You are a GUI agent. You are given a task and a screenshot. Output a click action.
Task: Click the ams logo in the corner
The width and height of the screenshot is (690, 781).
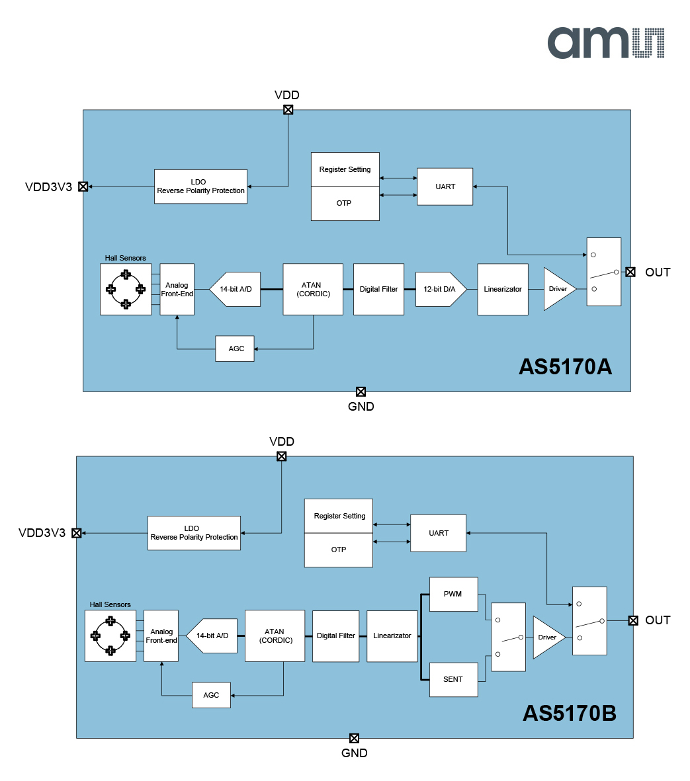605,43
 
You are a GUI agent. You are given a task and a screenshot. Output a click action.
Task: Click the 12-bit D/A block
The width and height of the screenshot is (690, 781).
440,289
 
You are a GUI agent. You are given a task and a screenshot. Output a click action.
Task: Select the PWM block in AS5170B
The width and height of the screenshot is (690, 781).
453,594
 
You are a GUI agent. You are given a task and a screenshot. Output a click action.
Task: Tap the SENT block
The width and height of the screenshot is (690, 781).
453,679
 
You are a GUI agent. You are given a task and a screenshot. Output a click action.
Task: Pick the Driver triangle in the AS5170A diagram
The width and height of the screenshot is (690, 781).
557,289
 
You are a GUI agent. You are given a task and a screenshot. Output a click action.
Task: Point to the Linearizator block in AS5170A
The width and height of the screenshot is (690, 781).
503,289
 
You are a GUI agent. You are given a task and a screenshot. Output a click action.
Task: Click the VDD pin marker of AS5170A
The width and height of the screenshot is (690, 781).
288,110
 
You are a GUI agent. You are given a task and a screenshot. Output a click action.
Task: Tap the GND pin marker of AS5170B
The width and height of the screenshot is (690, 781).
354,738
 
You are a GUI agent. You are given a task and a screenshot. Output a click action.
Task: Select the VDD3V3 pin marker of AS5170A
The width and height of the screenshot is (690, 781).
83,186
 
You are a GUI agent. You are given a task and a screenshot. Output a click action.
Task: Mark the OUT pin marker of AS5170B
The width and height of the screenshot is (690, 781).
633,620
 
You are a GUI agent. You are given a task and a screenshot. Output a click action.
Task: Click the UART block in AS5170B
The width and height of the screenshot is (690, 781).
439,533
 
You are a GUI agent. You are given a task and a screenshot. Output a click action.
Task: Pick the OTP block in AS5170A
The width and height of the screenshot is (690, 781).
345,204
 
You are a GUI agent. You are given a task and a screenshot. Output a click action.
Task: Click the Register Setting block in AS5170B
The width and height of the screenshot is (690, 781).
339,516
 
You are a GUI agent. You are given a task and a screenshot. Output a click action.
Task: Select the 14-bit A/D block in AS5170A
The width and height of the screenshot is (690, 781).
236,289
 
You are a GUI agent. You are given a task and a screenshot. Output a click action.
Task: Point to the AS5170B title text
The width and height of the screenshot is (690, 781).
569,714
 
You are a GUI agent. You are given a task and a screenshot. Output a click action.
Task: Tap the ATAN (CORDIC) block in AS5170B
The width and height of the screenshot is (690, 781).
275,636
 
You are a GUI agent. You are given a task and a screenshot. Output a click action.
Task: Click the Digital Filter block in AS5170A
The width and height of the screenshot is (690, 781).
378,289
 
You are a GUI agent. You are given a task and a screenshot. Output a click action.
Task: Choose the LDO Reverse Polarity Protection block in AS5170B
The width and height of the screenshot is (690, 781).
194,533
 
